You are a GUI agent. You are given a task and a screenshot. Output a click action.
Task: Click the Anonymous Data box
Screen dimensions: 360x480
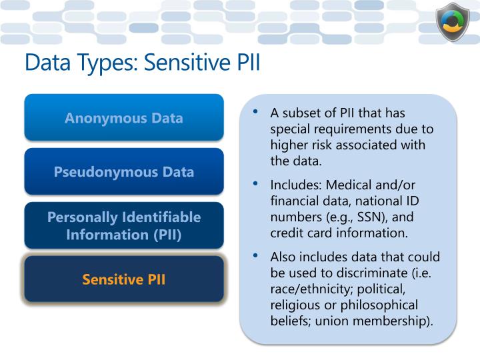pos(124,118)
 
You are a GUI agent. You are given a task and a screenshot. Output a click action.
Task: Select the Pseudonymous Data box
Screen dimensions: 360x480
pos(124,171)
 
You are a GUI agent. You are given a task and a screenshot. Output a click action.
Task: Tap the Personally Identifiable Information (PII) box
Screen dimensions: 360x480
pos(124,225)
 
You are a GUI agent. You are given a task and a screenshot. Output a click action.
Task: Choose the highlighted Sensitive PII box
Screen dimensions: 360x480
pos(124,279)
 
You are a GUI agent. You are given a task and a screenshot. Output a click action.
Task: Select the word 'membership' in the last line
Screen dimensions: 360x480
pos(401,321)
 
